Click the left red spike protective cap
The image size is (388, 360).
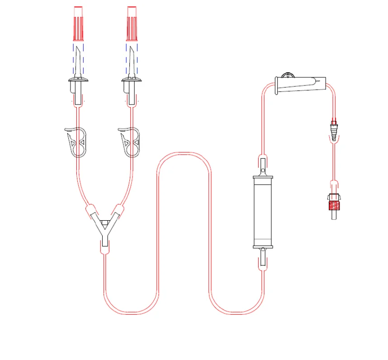click(x=78, y=23)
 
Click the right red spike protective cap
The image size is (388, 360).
click(x=132, y=23)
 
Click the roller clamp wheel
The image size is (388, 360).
click(x=287, y=76)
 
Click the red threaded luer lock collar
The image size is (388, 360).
click(x=333, y=205)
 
